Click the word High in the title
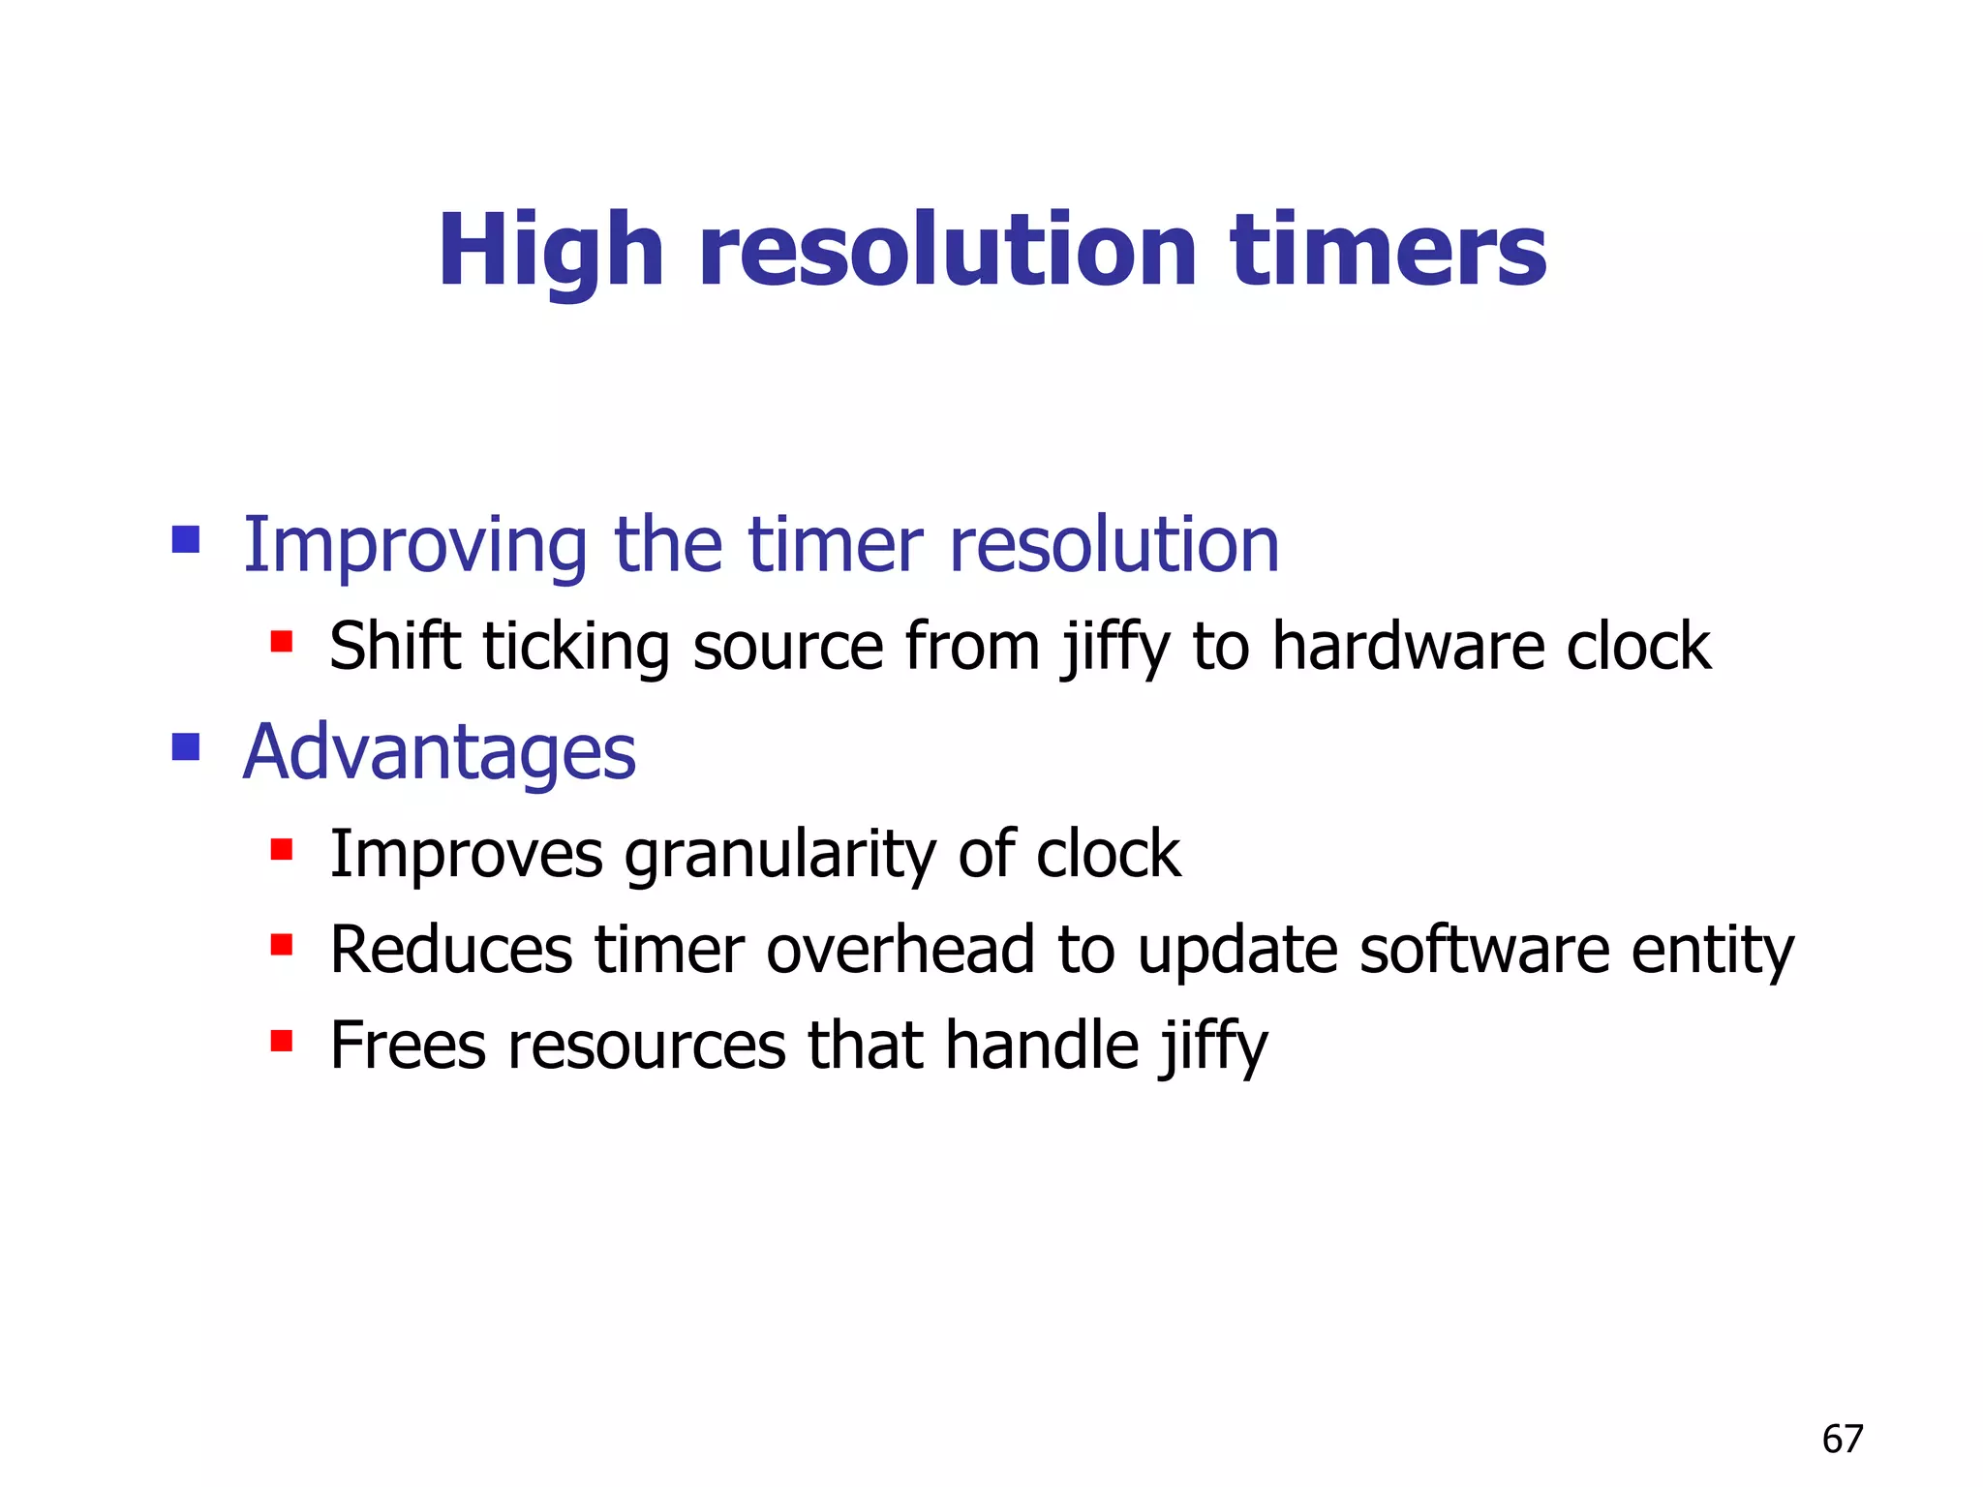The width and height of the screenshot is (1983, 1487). coord(550,252)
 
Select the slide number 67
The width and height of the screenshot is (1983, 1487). coord(1842,1440)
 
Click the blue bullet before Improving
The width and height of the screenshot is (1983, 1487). coord(186,539)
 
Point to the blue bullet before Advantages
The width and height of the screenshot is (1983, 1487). coord(186,746)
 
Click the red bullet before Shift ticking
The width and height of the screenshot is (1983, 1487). coord(282,642)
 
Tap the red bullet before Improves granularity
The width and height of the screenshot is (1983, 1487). coord(282,850)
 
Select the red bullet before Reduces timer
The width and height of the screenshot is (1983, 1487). coord(282,945)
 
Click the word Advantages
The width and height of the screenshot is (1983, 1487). coord(439,753)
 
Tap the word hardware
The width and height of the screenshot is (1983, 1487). coord(1407,647)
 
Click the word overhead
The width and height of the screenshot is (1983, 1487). coord(900,951)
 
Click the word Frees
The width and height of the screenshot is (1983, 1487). coord(408,1047)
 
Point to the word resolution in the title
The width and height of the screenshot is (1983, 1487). coord(948,252)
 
